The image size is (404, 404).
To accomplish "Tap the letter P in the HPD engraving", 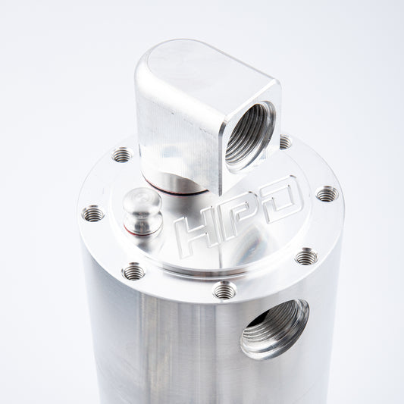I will (239, 211).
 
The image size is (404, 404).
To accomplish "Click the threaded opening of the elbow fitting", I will (249, 134).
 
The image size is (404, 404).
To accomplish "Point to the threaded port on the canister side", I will (274, 327).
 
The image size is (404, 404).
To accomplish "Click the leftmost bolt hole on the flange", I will (92, 215).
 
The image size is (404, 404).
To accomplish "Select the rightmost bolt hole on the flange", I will (327, 194).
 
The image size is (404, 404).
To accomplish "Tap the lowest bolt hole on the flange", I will (224, 290).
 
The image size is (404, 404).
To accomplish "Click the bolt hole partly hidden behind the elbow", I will (284, 142).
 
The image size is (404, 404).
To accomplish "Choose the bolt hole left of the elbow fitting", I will (122, 155).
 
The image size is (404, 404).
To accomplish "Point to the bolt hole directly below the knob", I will (133, 271).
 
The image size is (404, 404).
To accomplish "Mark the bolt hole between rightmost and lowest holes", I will (305, 257).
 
